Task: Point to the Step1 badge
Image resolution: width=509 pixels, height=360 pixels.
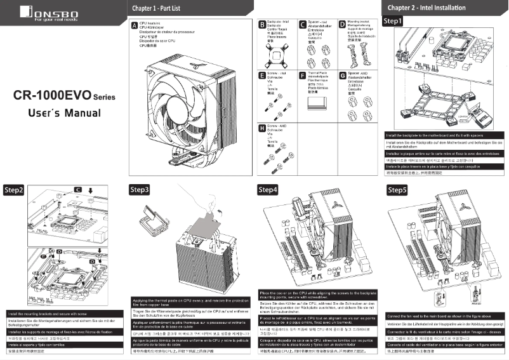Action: pyautogui.click(x=394, y=20)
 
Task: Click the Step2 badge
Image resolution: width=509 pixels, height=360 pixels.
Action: pyautogui.click(x=13, y=190)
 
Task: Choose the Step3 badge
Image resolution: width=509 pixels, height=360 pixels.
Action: pyautogui.click(x=140, y=189)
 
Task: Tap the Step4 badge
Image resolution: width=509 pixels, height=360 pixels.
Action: pyautogui.click(x=268, y=189)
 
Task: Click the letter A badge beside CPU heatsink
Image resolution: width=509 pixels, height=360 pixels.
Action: pyautogui.click(x=133, y=25)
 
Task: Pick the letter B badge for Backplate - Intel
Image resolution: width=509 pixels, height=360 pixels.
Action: pyautogui.click(x=263, y=25)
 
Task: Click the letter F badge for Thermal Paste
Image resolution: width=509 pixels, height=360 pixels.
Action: pyautogui.click(x=301, y=75)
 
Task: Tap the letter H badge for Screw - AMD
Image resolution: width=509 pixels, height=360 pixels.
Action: pyautogui.click(x=263, y=127)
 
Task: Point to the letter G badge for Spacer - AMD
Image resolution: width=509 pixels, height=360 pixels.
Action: pyautogui.click(x=342, y=75)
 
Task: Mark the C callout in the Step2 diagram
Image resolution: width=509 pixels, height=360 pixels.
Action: pyautogui.click(x=77, y=190)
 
